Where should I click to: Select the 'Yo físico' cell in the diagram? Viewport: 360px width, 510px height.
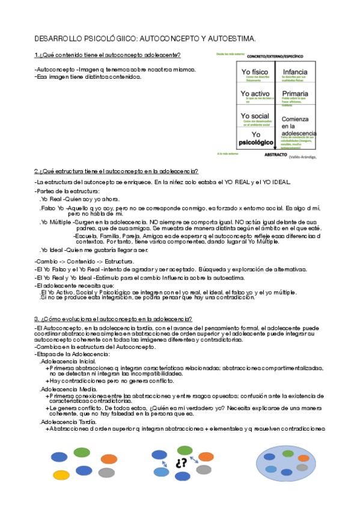coord(254,72)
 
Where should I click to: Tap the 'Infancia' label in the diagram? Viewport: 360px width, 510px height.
coord(295,72)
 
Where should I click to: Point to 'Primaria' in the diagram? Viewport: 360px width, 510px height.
coord(295,94)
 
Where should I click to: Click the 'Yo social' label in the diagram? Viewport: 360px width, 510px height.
coord(254,115)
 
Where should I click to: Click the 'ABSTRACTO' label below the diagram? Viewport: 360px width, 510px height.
coord(275,155)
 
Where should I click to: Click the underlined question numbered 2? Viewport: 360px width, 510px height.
coord(116,171)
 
